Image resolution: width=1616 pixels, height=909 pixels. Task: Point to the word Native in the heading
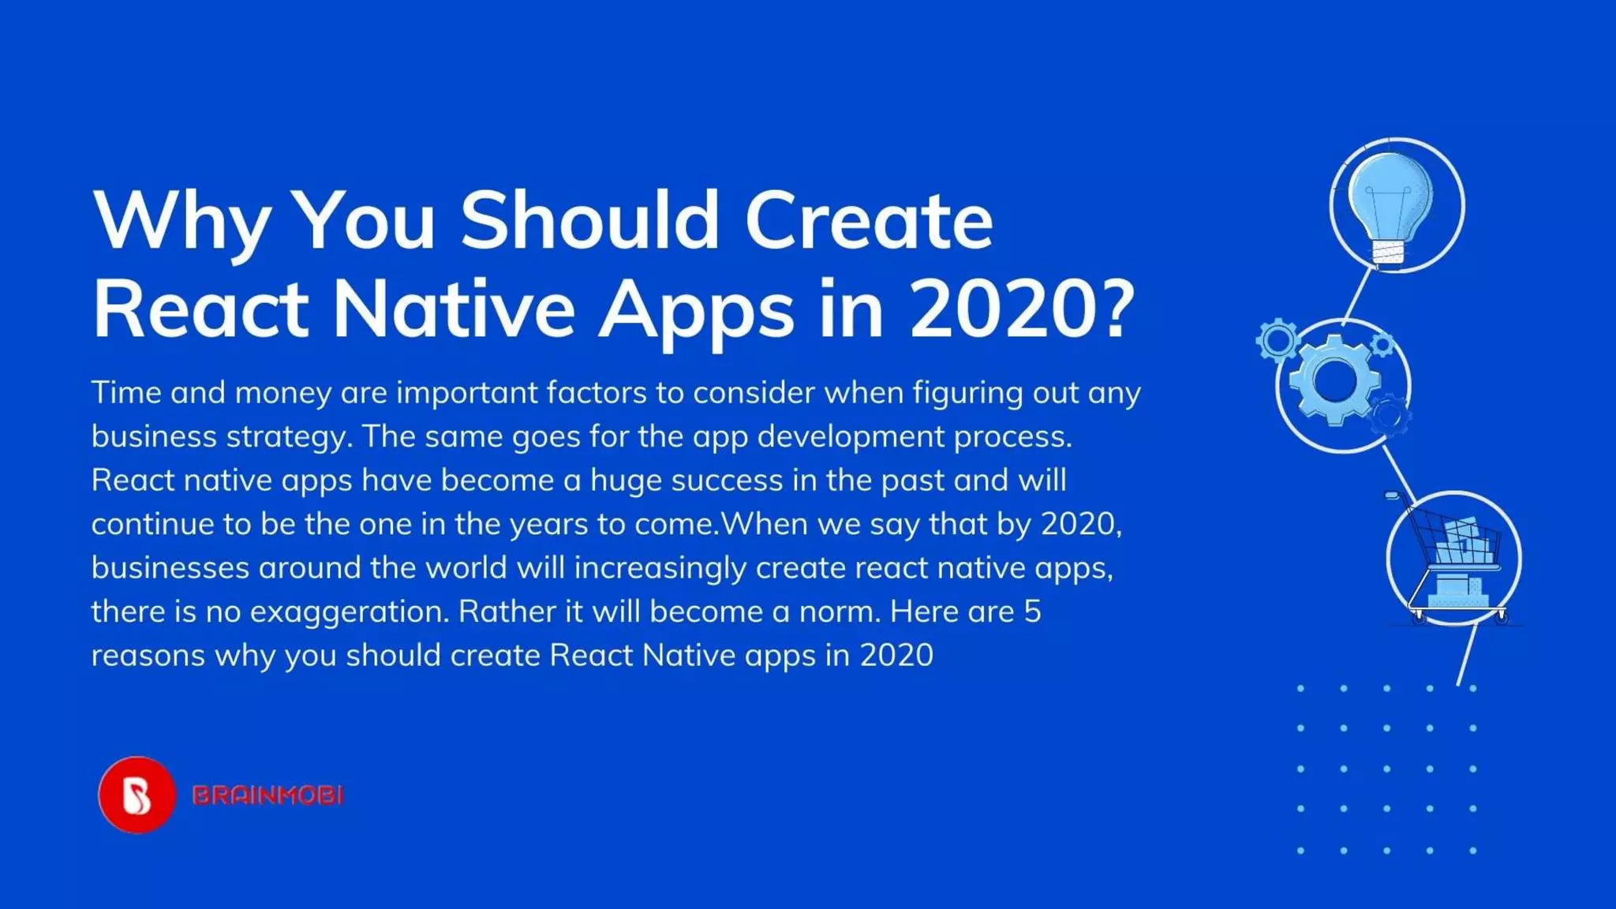[454, 309]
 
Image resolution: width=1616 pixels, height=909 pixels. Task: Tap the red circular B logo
[137, 795]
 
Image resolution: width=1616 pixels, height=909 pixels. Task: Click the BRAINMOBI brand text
[268, 795]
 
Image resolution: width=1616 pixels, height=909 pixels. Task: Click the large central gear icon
[1334, 381]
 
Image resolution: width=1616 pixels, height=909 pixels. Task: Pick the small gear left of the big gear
[1277, 341]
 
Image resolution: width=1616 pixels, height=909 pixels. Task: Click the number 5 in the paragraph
[1032, 612]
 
